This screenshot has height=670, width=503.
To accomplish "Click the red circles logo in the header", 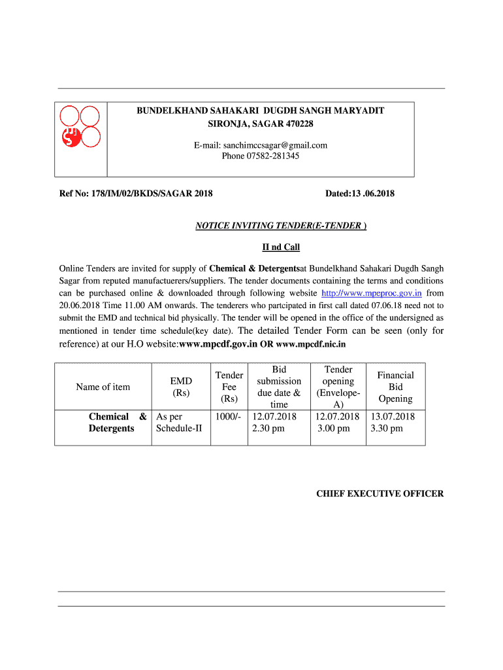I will click(80, 127).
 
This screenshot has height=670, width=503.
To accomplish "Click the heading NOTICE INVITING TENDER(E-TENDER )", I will click(281, 226).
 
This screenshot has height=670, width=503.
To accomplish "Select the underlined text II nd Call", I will click(281, 247).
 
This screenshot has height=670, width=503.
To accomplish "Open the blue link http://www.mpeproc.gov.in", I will click(372, 293).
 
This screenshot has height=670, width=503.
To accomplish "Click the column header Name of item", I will click(103, 387).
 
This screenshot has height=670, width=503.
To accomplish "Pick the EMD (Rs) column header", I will click(181, 387).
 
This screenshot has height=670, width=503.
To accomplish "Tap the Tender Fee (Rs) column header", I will click(229, 387).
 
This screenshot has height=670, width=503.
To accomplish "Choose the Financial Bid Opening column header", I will click(395, 387).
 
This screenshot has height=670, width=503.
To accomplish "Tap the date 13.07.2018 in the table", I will click(393, 417).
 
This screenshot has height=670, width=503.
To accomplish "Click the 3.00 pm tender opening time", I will click(334, 429).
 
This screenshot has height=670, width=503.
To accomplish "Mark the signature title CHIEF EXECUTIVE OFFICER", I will click(380, 494).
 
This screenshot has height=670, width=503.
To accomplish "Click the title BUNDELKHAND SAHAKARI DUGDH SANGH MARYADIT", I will click(260, 111).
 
